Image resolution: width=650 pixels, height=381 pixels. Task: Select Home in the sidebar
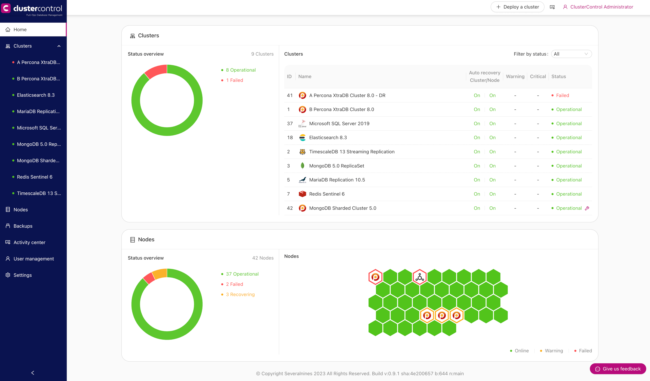[20, 29]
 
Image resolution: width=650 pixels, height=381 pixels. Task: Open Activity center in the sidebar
[29, 242]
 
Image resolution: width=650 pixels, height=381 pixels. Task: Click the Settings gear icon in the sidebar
[8, 275]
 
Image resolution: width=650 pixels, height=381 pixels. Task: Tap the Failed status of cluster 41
[562, 95]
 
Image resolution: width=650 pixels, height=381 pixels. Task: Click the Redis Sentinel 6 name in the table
[327, 194]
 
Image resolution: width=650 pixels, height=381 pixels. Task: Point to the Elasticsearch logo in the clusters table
[302, 138]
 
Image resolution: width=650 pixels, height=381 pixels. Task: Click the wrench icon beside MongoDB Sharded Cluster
[587, 208]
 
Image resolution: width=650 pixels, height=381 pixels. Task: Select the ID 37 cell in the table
[290, 124]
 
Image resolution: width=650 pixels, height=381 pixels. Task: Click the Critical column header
[538, 76]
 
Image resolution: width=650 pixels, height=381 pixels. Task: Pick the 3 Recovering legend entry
[240, 295]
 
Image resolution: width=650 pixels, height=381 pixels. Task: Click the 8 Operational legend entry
[241, 70]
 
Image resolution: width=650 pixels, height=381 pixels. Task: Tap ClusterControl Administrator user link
[602, 7]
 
